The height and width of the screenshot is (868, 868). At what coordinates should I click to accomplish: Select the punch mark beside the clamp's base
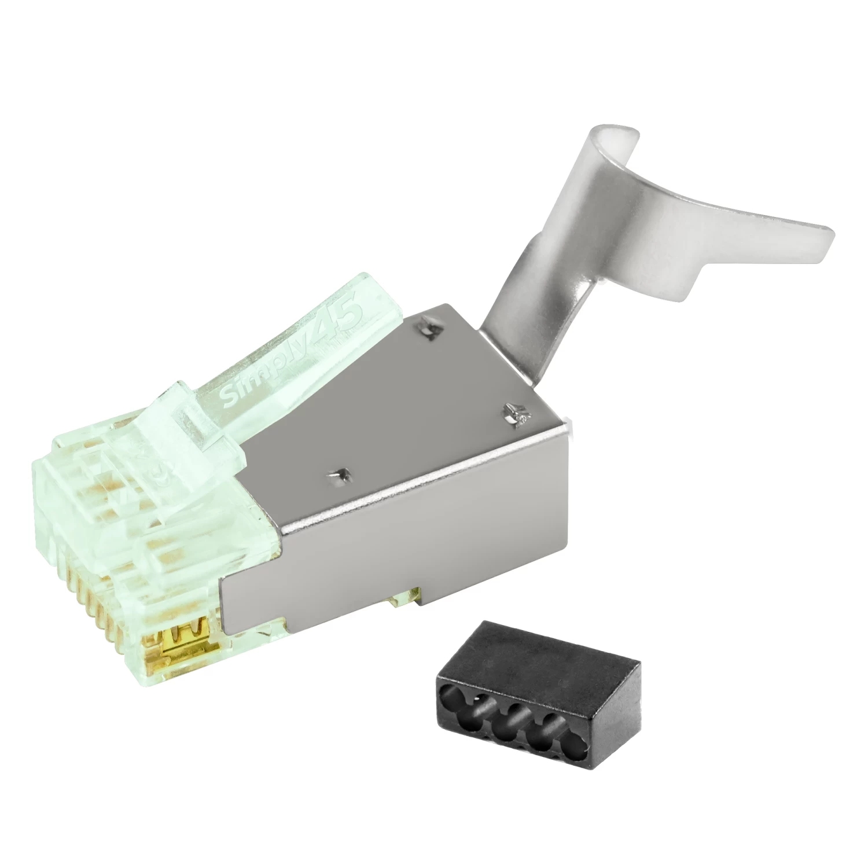[514, 412]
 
